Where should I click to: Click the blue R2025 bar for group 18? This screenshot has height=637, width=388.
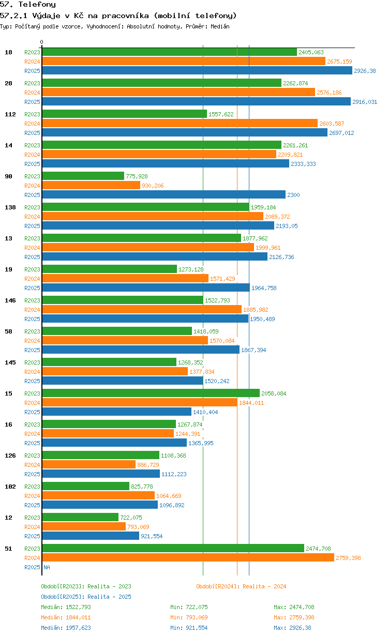(x=197, y=70)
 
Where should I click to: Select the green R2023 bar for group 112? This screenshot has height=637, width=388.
(x=124, y=114)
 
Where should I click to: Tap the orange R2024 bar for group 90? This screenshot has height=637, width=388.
(x=91, y=185)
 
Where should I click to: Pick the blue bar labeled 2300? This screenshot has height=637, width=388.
(x=163, y=194)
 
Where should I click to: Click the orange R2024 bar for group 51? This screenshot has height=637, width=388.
(x=188, y=557)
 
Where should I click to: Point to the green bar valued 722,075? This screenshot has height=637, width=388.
(x=80, y=517)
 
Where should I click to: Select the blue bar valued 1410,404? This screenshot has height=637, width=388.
(x=116, y=412)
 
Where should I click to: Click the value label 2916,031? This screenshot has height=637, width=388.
(x=365, y=102)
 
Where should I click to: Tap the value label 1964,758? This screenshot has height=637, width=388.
(x=264, y=288)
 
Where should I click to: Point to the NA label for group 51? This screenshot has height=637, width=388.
(x=47, y=567)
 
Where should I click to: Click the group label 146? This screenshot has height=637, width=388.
(x=10, y=300)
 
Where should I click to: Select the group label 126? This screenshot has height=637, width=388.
(x=10, y=456)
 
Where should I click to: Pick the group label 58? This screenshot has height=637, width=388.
(x=8, y=331)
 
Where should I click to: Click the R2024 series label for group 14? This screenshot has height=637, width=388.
(x=32, y=155)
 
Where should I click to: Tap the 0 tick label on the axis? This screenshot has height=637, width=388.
(x=42, y=42)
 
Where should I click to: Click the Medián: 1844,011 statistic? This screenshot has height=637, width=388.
(x=66, y=617)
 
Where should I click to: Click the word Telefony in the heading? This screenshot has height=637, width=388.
(x=37, y=4)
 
